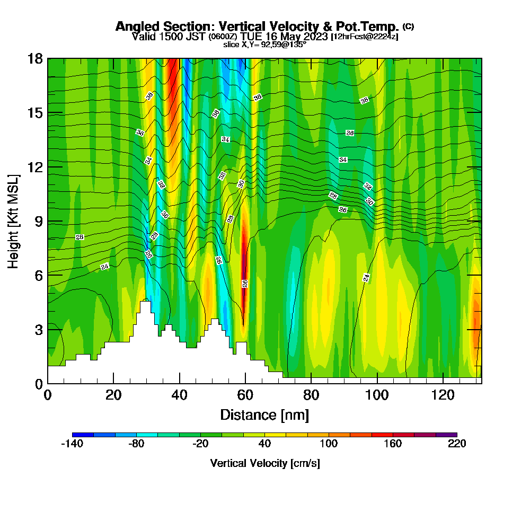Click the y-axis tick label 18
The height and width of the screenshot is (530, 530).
click(36, 59)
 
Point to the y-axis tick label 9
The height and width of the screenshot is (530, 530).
click(39, 221)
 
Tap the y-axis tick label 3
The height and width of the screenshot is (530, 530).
click(39, 329)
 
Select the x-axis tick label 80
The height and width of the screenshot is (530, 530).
click(311, 395)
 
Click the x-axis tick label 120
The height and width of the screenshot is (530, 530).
click(443, 395)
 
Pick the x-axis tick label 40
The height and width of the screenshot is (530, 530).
click(180, 395)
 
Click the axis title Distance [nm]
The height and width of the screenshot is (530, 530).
click(264, 414)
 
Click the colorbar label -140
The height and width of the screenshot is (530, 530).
click(72, 444)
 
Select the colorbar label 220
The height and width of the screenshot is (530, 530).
click(456, 444)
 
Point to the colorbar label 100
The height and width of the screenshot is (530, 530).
click(329, 444)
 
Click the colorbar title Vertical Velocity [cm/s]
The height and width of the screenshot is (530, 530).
click(264, 463)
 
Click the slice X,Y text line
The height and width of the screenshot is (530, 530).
click(264, 45)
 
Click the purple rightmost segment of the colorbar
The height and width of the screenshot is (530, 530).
click(446, 435)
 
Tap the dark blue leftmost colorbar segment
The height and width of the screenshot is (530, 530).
click(83, 435)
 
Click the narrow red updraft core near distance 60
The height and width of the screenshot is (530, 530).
click(244, 265)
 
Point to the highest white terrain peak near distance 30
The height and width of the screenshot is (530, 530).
click(145, 305)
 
